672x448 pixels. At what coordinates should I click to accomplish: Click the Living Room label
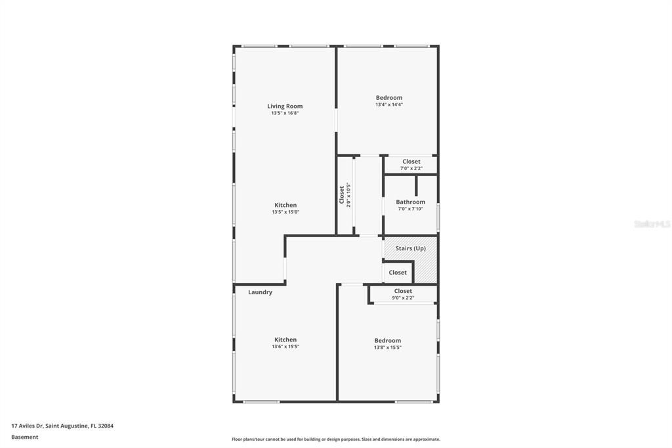285,106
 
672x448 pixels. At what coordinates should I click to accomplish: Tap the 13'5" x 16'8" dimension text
285,113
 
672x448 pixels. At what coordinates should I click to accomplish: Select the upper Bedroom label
389,98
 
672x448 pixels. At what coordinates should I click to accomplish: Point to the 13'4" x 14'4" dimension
389,104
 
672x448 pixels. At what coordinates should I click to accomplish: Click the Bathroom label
411,202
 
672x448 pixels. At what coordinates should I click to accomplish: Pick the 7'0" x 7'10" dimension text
411,209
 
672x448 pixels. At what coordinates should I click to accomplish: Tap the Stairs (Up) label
411,248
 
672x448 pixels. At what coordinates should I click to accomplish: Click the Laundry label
260,292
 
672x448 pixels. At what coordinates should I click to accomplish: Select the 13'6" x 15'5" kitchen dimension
285,347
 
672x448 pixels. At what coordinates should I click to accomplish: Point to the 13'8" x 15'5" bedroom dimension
388,347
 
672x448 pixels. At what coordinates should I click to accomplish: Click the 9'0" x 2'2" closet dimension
403,298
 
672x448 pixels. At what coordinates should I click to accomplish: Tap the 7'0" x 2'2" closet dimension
411,168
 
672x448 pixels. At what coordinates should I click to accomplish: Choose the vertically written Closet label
342,194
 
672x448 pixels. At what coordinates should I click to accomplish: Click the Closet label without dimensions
398,273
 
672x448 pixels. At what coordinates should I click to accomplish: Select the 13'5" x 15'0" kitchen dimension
285,212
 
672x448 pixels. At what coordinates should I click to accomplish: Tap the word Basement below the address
25,437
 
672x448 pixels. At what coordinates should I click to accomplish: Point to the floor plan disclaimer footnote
336,439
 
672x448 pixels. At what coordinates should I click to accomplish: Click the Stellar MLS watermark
652,224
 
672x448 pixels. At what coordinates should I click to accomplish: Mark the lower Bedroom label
388,340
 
